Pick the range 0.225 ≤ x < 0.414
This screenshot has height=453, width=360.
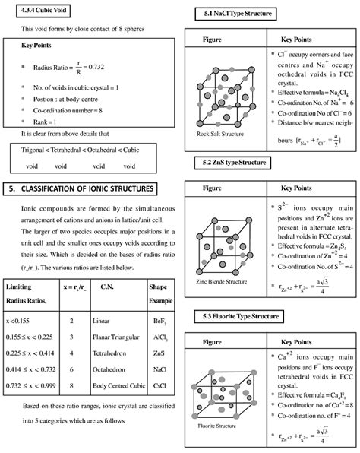[x=33, y=354]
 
